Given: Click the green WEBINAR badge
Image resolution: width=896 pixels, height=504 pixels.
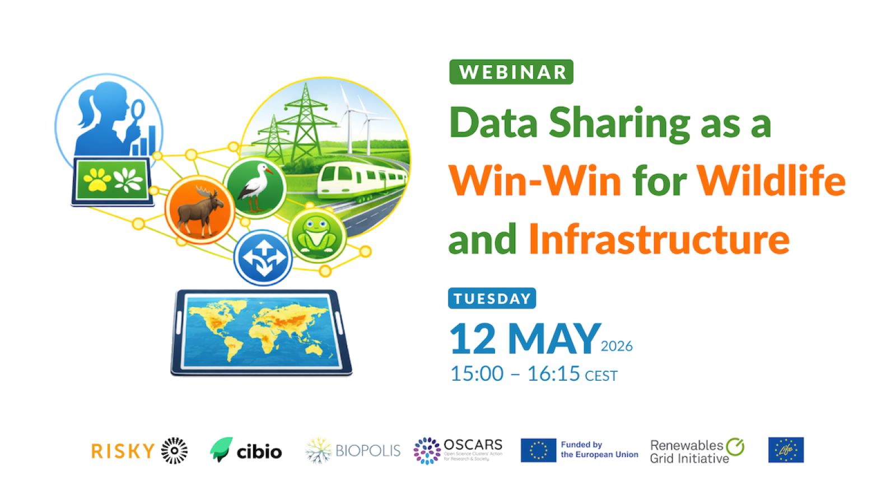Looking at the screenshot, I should coord(511,72).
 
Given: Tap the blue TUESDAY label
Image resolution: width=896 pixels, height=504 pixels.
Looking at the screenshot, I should coord(492,298).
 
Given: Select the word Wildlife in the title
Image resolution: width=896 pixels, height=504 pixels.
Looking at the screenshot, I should coord(771,181).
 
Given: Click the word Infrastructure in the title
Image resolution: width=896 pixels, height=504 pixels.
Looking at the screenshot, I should coord(659,239).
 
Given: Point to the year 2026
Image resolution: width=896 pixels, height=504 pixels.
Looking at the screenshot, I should coord(617,346).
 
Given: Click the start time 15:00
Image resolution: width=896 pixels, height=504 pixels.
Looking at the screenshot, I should coord(477,374).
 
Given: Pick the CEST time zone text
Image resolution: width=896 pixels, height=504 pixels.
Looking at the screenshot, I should coord(601,376).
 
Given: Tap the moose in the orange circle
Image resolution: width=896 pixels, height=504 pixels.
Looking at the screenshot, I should coord(199,210).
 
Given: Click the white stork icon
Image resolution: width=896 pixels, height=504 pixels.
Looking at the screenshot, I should coord(255,187).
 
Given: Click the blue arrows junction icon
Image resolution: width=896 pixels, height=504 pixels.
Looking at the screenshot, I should coord(263,258).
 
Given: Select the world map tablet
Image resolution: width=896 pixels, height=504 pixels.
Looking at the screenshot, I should coord(262,332).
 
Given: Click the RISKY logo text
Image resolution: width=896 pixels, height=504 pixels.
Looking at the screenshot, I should coord(123,451).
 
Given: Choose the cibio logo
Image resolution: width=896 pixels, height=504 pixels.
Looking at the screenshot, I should coord(246,451).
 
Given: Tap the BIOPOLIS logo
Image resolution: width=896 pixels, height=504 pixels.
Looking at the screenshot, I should coord(353,451).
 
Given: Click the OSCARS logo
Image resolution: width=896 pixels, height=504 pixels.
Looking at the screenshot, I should coord(458,451).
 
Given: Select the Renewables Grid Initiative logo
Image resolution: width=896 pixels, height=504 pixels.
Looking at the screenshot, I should coord(697,451).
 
